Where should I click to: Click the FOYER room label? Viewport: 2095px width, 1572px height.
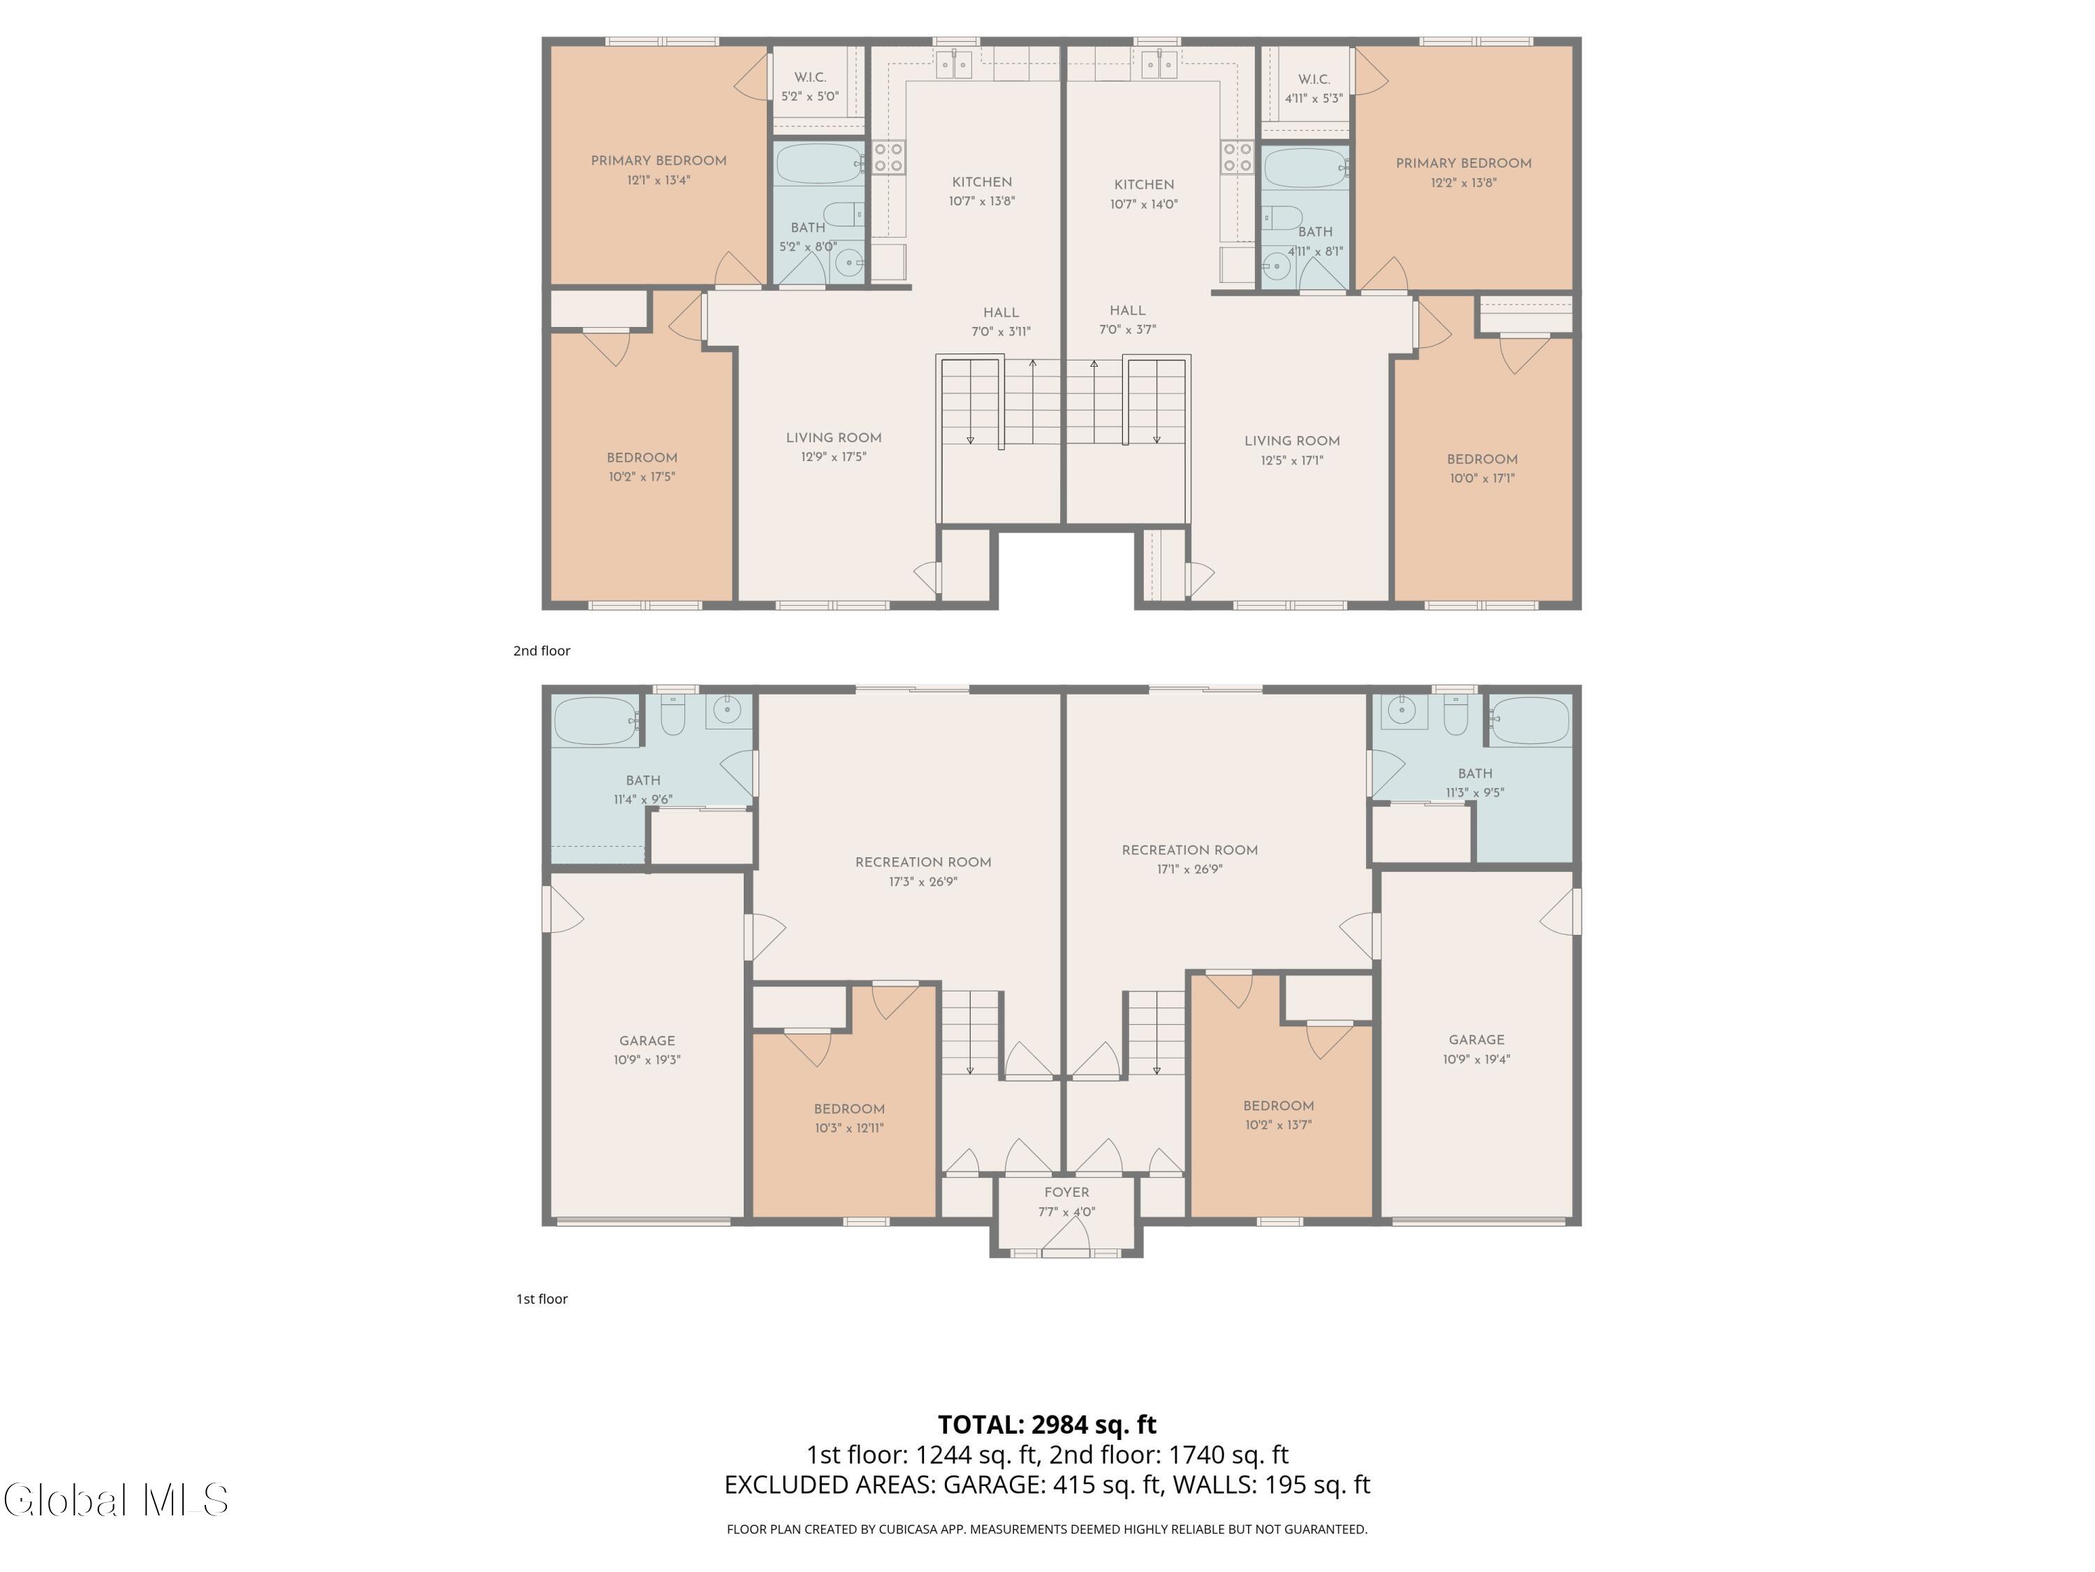click(x=1066, y=1192)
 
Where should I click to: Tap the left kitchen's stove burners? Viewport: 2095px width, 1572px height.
click(x=888, y=157)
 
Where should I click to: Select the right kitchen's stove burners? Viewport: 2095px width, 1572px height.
click(x=1237, y=157)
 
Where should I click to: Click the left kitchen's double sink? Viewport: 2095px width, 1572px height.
click(x=954, y=64)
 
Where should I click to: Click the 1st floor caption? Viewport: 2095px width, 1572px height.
click(x=542, y=1299)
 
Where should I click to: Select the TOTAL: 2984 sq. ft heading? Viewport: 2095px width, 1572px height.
click(x=1047, y=1424)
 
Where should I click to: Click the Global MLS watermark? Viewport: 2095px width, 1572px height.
click(x=115, y=1500)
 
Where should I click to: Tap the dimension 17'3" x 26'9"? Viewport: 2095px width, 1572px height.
click(x=923, y=881)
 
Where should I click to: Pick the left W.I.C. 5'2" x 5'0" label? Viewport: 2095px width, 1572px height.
click(x=810, y=86)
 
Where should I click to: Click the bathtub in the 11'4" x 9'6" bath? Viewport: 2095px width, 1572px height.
click(x=596, y=722)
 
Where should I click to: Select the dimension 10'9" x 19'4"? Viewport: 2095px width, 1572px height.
click(x=1476, y=1059)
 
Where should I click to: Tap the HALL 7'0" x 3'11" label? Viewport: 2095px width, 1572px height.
click(x=1001, y=322)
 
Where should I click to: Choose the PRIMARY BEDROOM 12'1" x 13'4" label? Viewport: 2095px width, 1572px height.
click(x=659, y=170)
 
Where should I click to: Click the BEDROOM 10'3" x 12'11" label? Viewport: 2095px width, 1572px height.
click(x=850, y=1118)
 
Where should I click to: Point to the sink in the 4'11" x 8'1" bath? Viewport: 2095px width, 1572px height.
click(x=1276, y=265)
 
